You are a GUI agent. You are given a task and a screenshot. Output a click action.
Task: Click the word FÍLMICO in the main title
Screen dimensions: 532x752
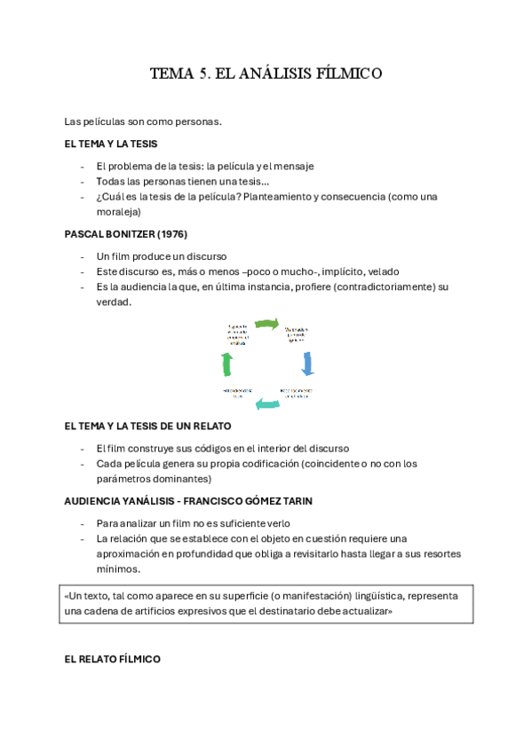tap(349, 74)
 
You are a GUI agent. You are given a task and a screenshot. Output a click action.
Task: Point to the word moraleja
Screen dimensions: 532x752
tap(119, 211)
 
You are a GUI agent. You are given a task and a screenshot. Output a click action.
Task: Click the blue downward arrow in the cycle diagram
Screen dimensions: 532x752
tap(308, 363)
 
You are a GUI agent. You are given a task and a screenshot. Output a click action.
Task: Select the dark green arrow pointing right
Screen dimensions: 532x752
tap(267, 325)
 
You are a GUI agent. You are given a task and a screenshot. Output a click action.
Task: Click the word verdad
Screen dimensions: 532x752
tap(113, 302)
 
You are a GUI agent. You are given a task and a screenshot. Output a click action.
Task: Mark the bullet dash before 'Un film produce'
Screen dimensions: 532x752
tap(82, 256)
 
